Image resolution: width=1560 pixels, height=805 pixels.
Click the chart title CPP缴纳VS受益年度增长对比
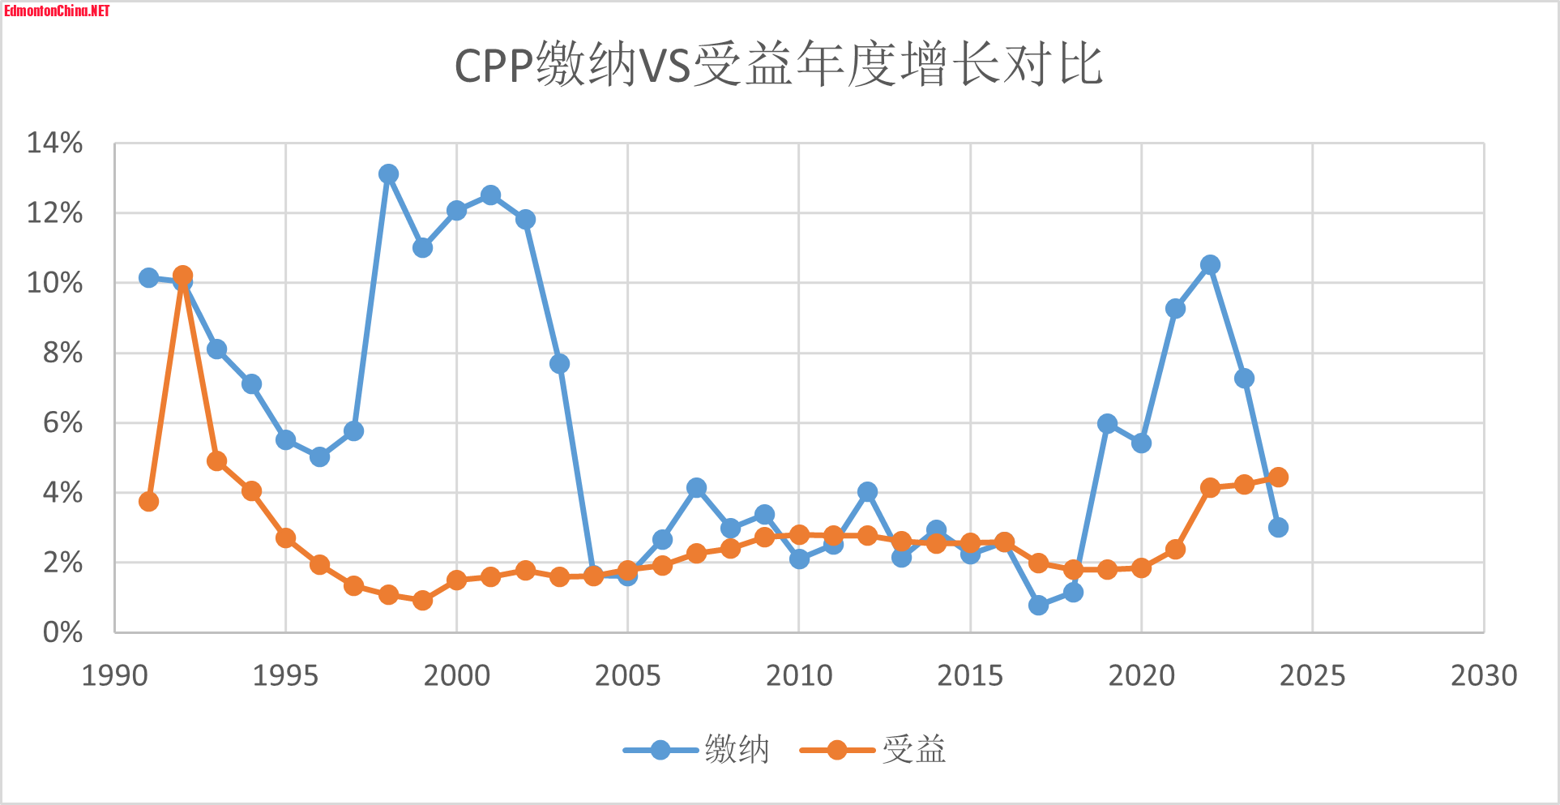(x=778, y=65)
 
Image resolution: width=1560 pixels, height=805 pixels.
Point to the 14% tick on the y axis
(x=55, y=143)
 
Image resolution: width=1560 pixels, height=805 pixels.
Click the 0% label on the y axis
(x=62, y=632)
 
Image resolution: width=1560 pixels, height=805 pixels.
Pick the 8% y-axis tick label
(x=62, y=353)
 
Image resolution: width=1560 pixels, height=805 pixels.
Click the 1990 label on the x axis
(x=114, y=675)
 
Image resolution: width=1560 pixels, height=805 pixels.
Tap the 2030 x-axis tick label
(x=1483, y=675)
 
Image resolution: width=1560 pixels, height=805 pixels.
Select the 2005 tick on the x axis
(x=627, y=675)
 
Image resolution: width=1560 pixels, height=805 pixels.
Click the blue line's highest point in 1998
(x=388, y=173)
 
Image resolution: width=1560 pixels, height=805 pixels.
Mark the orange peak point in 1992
(x=182, y=276)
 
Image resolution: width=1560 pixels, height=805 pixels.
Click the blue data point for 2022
(x=1210, y=265)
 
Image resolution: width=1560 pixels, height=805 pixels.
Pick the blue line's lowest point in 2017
(x=1038, y=605)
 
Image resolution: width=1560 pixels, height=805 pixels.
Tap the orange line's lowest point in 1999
(x=422, y=600)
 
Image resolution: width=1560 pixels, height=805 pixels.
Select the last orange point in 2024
(x=1278, y=477)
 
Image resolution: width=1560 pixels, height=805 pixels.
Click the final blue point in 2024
(x=1278, y=527)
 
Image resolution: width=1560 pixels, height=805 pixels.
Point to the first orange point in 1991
(x=148, y=501)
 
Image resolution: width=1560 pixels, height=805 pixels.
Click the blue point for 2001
(x=490, y=195)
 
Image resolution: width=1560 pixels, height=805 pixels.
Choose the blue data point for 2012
(x=867, y=491)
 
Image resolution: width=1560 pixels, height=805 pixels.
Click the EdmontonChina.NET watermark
(x=57, y=11)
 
